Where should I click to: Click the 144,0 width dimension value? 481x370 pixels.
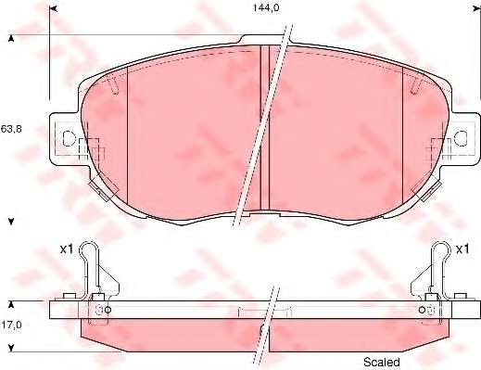pyautogui.click(x=266, y=7)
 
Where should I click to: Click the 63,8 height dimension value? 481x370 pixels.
pyautogui.click(x=11, y=129)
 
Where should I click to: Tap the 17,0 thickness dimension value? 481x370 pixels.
pyautogui.click(x=11, y=325)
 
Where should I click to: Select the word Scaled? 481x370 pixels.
pyautogui.click(x=382, y=362)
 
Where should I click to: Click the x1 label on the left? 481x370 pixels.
pyautogui.click(x=67, y=249)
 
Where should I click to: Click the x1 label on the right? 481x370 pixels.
pyautogui.click(x=462, y=249)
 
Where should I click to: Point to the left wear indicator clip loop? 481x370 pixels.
pyautogui.click(x=89, y=248)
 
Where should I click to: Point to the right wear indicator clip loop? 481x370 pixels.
pyautogui.click(x=441, y=248)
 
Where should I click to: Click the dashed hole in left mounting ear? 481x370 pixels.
pyautogui.click(x=69, y=138)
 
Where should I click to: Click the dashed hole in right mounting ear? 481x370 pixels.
pyautogui.click(x=461, y=138)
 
